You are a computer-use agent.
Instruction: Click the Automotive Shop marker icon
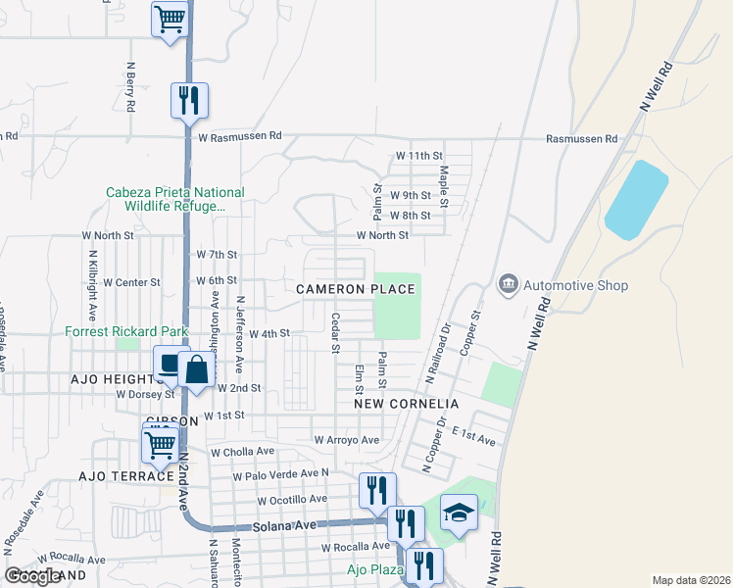tap(509, 285)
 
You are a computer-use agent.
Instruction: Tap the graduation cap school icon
tap(458, 512)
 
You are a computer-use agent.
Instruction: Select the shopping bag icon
tap(196, 369)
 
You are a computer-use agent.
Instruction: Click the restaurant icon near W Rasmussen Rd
tap(189, 99)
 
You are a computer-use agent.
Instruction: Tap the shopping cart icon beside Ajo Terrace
tap(159, 445)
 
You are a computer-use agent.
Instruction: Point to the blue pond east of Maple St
tap(636, 200)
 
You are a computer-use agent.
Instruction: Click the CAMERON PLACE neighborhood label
tap(356, 289)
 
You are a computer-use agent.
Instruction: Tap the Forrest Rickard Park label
tap(126, 331)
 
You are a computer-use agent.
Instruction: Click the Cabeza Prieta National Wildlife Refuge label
tap(176, 199)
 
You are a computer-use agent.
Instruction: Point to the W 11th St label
tap(419, 156)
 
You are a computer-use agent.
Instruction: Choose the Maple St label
tap(444, 186)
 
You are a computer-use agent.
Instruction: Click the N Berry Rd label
tap(129, 86)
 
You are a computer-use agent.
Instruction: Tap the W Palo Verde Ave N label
tap(279, 475)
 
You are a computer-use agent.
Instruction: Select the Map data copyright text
tap(691, 580)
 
